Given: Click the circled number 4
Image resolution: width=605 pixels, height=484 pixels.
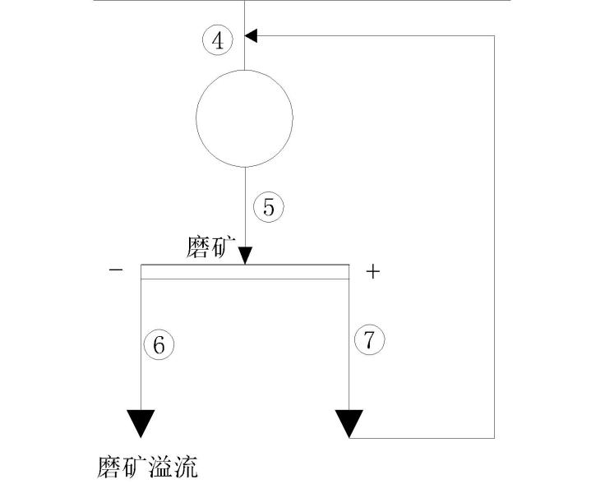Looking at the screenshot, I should click(x=218, y=40).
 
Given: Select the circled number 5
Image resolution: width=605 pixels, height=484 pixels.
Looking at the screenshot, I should click(x=268, y=207).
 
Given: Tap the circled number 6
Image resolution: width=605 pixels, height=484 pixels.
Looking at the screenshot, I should click(x=159, y=344).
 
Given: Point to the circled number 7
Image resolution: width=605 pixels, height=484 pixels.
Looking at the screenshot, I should click(x=369, y=339).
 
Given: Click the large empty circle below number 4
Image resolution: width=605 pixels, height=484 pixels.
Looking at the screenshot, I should click(x=244, y=117).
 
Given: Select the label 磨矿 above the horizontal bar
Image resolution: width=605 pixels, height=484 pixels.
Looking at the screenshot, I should click(x=210, y=248).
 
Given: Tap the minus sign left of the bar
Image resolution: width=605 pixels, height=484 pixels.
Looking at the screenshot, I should click(x=116, y=270).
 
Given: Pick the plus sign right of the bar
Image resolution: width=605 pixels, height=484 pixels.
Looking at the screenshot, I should click(x=373, y=271).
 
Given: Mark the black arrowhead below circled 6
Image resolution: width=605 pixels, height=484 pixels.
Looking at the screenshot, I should click(x=141, y=422).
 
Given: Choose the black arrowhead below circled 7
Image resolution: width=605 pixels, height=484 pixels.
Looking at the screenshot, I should click(x=349, y=422).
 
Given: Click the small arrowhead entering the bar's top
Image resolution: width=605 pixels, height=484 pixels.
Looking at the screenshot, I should click(x=245, y=258).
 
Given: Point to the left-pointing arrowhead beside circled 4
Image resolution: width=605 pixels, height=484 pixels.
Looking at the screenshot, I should click(x=252, y=35).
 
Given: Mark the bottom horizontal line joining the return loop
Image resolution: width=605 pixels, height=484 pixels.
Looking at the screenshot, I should click(x=423, y=437).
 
